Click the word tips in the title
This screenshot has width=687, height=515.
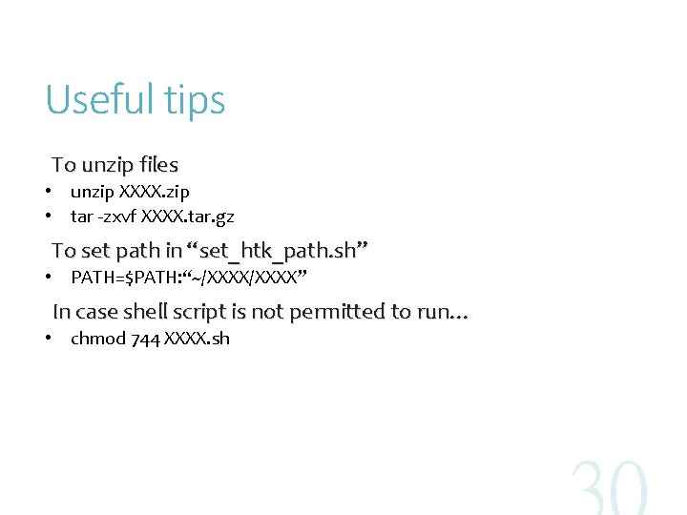click(197, 101)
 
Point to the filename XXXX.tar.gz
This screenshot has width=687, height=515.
click(187, 216)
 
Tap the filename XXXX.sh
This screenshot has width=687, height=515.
click(197, 339)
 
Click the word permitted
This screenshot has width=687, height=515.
click(338, 312)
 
